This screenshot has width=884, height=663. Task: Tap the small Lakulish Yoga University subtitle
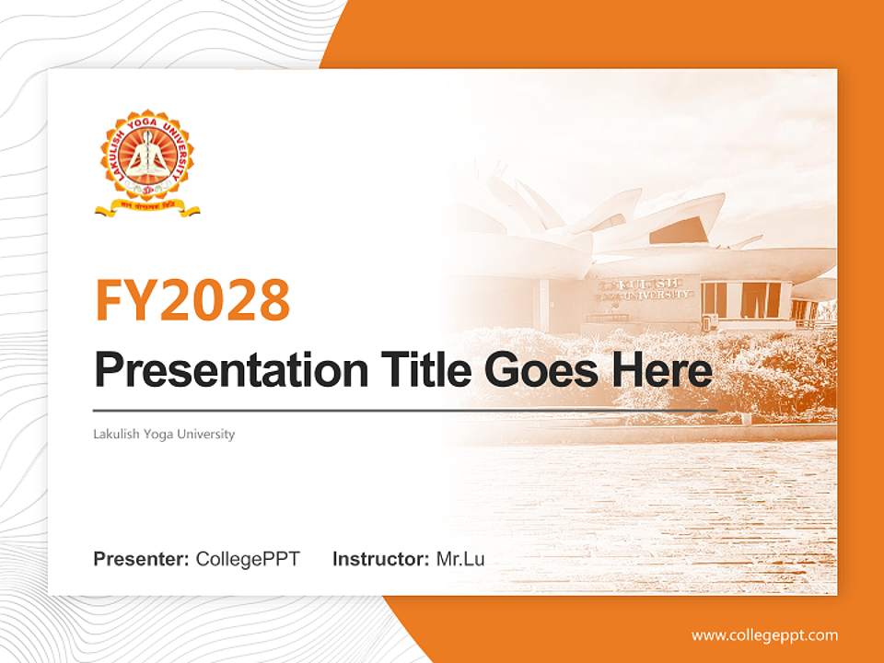point(164,434)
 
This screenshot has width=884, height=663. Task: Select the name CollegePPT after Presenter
point(248,559)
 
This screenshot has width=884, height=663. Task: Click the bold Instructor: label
point(380,559)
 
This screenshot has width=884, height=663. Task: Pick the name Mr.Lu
point(460,559)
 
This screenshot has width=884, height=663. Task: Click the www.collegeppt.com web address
point(764,634)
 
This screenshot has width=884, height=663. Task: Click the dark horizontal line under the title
point(405,410)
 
